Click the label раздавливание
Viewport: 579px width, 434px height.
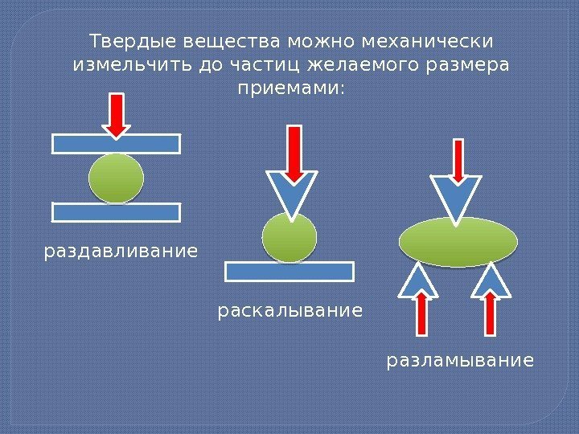click(x=120, y=252)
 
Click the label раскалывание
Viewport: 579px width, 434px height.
click(x=290, y=309)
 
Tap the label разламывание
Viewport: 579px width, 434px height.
click(x=460, y=361)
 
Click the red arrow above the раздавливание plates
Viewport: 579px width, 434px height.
click(x=117, y=114)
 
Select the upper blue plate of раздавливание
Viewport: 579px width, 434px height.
click(x=117, y=144)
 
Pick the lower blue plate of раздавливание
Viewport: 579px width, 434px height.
click(x=117, y=212)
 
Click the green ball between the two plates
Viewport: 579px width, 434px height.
click(x=117, y=178)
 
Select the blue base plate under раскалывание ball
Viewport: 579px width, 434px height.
click(x=289, y=271)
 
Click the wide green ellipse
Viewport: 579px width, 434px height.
click(x=458, y=241)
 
